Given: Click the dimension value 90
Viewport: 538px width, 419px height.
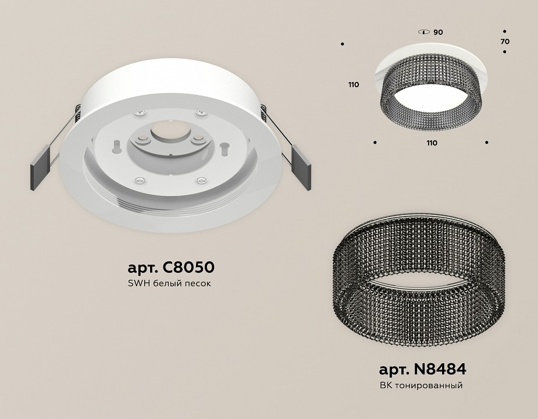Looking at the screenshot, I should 438,33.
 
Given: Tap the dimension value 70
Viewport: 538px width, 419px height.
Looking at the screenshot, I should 504,42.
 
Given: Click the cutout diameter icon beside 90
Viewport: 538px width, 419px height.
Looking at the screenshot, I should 424,33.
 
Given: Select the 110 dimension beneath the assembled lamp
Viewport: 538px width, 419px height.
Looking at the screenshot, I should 431,143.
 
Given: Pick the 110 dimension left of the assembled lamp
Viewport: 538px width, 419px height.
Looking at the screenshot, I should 354,85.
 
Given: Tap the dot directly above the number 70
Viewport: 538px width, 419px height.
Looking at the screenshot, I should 504,31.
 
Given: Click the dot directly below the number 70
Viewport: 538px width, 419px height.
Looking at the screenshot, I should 504,52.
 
